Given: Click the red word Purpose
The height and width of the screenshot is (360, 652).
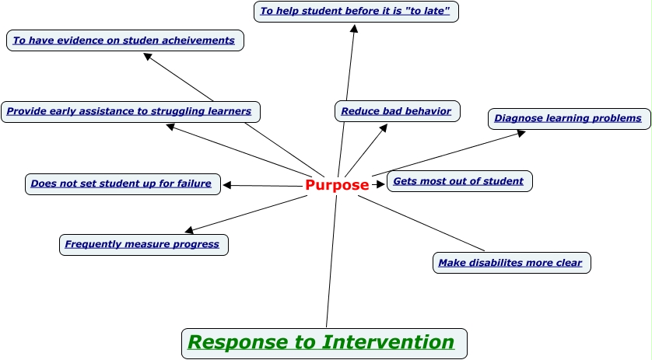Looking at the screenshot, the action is (337, 185).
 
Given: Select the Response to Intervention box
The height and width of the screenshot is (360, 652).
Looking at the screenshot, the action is (324, 343).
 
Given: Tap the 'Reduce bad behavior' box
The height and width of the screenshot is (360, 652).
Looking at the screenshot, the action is (397, 111).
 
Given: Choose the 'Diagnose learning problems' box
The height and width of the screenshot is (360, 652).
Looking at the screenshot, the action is (569, 119).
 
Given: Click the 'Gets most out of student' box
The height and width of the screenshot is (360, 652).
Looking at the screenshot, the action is (459, 181).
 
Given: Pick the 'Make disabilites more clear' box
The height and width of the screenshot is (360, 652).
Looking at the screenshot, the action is (510, 263).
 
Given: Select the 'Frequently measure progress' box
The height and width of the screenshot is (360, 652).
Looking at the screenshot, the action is (143, 244).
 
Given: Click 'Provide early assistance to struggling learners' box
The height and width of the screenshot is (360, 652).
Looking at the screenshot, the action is (130, 111).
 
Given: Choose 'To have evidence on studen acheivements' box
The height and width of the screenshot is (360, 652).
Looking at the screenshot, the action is (124, 40).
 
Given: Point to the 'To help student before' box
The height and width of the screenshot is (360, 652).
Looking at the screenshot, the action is (356, 12).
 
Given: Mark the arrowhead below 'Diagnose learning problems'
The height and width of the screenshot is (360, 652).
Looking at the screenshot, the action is (521, 133).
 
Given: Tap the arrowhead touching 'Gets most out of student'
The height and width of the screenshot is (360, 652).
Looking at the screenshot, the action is (380, 184).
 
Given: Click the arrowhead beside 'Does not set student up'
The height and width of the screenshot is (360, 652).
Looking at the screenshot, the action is (227, 185).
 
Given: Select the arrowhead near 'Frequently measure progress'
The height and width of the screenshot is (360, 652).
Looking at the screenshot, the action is (189, 230).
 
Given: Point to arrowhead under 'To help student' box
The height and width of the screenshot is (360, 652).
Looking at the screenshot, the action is (354, 29).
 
